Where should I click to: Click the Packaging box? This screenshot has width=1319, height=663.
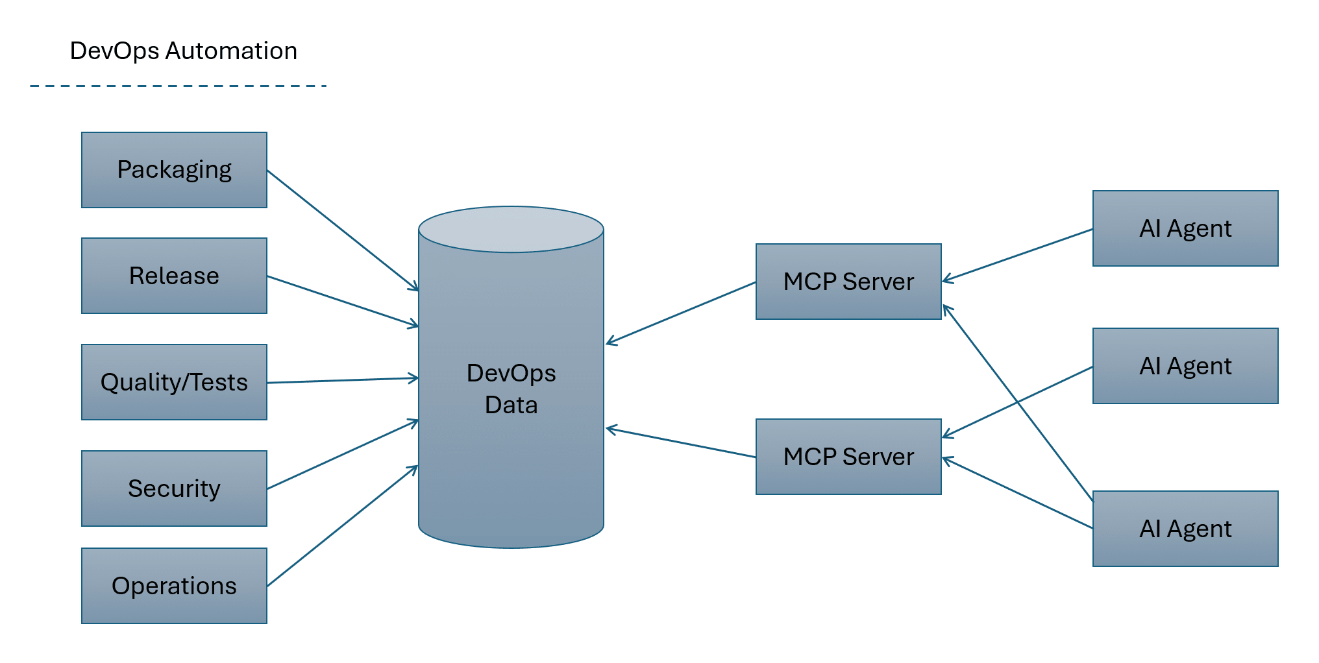pyautogui.click(x=174, y=170)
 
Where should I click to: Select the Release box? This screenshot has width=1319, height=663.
pyautogui.click(x=174, y=276)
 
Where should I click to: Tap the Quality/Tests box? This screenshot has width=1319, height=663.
pyautogui.click(x=174, y=382)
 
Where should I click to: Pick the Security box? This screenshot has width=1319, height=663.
pyautogui.click(x=174, y=488)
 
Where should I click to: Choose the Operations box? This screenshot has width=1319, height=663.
pyautogui.click(x=174, y=586)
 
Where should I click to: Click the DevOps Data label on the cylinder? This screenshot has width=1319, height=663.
pyautogui.click(x=511, y=389)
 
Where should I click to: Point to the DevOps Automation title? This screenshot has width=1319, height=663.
pyautogui.click(x=183, y=51)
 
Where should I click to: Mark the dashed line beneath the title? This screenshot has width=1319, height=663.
pyautogui.click(x=179, y=86)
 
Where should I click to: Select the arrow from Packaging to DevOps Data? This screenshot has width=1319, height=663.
pyautogui.click(x=342, y=230)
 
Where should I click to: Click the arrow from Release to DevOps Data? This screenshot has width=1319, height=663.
pyautogui.click(x=342, y=301)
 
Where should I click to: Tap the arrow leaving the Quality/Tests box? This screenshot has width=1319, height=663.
pyautogui.click(x=342, y=380)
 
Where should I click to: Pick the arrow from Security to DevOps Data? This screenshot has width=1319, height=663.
pyautogui.click(x=342, y=455)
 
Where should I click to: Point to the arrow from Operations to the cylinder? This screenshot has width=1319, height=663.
pyautogui.click(x=342, y=526)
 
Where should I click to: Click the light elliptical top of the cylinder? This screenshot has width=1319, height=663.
pyautogui.click(x=511, y=229)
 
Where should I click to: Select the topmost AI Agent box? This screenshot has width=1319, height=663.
pyautogui.click(x=1185, y=228)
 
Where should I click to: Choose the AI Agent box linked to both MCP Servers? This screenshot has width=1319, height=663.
pyautogui.click(x=1185, y=529)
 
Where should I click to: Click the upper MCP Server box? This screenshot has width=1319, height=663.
pyautogui.click(x=848, y=282)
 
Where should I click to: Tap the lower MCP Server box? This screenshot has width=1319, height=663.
pyautogui.click(x=848, y=457)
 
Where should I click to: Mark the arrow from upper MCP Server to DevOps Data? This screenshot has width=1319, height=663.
pyautogui.click(x=680, y=312)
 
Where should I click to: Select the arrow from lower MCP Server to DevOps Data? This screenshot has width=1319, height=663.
pyautogui.click(x=680, y=442)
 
